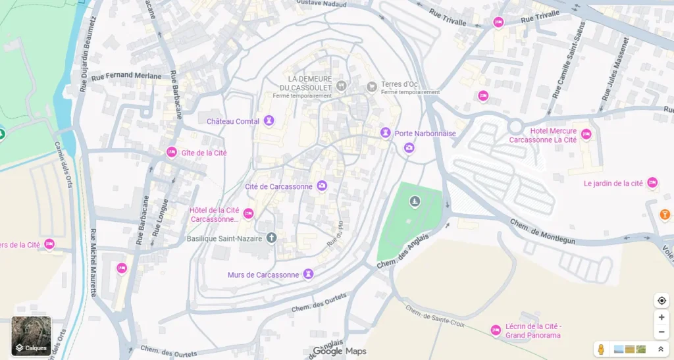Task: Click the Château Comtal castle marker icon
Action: point(269,121)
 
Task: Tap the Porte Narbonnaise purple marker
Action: point(386,133)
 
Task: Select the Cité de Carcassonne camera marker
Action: point(322,186)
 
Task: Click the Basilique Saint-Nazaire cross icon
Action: point(271,238)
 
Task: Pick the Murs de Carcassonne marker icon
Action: point(308,274)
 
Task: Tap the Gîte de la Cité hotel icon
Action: point(172,153)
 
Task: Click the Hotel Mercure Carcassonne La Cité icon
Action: point(586,134)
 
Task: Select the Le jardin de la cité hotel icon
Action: point(652,183)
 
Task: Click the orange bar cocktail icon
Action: point(665,214)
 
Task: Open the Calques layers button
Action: point(31,336)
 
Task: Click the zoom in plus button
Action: point(661,317)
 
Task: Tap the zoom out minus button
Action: point(661,332)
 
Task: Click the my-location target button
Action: point(661,301)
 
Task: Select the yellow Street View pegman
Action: point(600,349)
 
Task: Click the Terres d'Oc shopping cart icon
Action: point(372,86)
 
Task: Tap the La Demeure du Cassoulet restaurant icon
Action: point(341,86)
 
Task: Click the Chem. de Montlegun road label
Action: point(542,232)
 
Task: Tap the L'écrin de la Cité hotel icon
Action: point(496,330)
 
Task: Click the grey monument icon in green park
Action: point(415,201)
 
